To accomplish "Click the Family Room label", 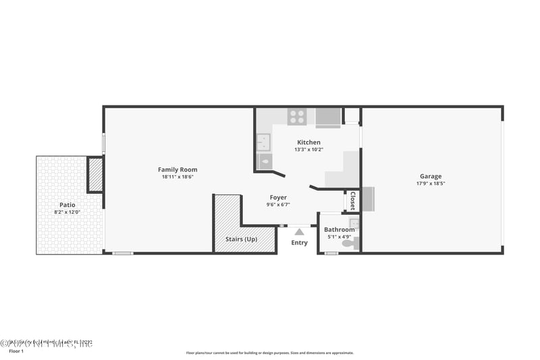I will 178,170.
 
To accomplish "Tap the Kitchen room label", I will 308,143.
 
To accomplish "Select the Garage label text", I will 431,176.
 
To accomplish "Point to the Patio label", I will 67,205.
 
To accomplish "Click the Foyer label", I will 278,197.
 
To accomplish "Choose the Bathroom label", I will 339,230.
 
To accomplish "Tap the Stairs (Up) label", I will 241,239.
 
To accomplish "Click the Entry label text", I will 299,242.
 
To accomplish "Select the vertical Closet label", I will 352,202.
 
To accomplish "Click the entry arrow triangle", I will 299,232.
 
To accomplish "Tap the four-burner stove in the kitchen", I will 297,117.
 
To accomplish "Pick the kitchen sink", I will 263,141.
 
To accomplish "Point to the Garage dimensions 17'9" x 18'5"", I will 431,183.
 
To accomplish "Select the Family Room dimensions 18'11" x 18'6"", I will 178,177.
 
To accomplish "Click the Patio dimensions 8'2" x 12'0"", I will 67,212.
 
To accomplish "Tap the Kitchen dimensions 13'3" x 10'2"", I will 308,150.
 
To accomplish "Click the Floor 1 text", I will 16,351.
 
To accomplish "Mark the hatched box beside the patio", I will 94,174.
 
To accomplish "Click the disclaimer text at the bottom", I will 269,353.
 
